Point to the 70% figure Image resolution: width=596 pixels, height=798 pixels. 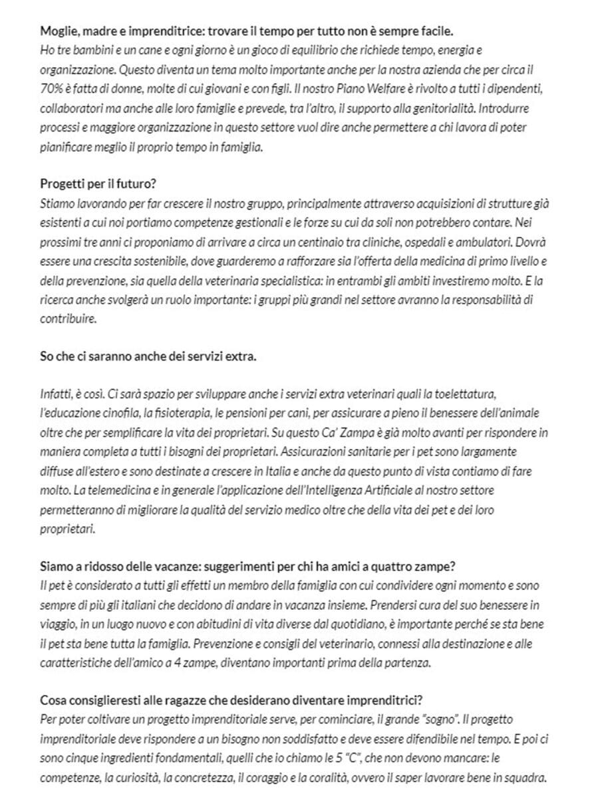pyautogui.click(x=51, y=88)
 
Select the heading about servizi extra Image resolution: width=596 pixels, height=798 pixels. pyautogui.click(x=148, y=356)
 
